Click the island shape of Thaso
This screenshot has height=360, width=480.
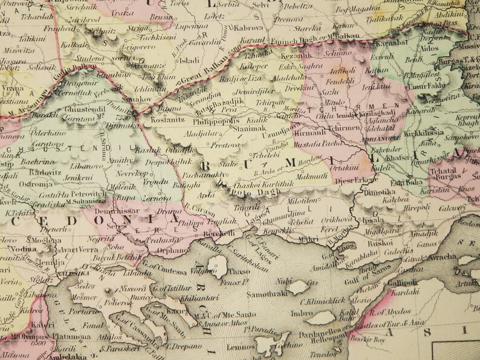[218, 265]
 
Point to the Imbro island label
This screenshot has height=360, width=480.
[303, 314]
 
